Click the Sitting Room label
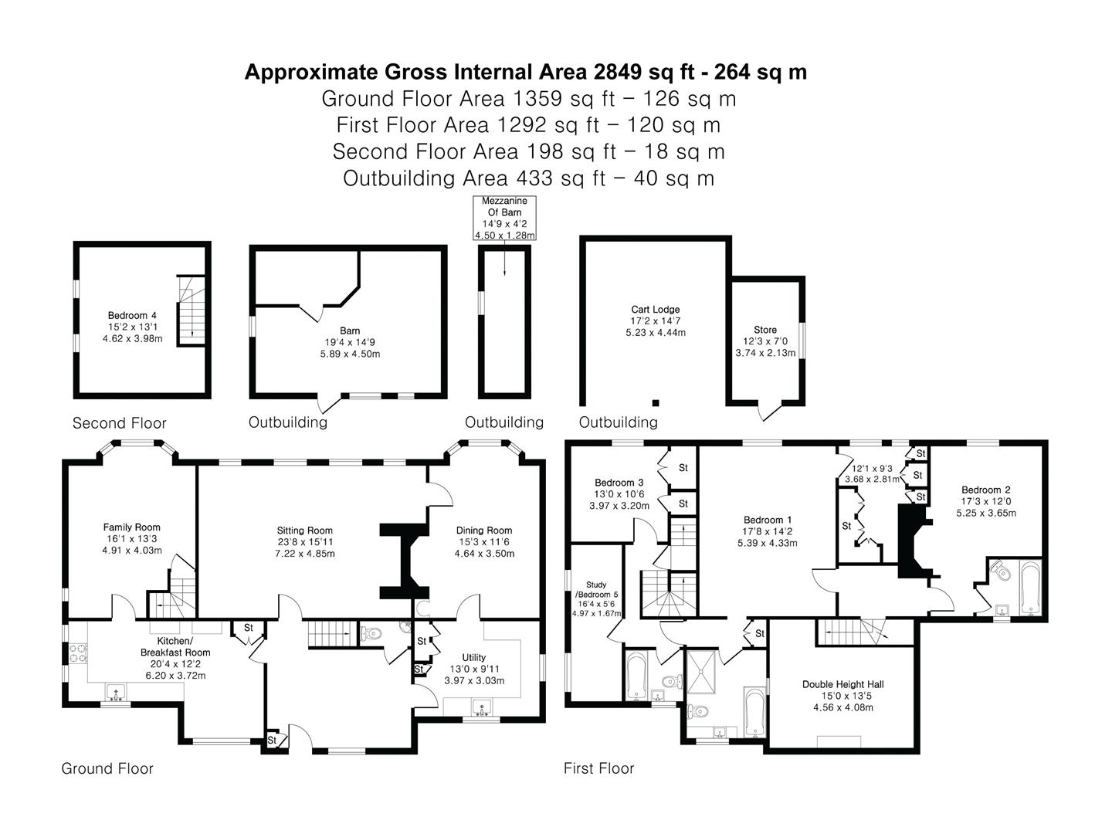[x=304, y=531]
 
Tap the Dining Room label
[x=484, y=531]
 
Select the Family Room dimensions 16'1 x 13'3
[x=132, y=539]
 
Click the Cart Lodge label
[x=655, y=310]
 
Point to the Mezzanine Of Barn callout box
[x=504, y=219]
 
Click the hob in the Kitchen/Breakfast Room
[x=79, y=653]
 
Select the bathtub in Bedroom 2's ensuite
[x=1030, y=588]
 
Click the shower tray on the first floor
[x=701, y=672]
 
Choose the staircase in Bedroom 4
[x=192, y=311]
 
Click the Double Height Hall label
[x=843, y=684]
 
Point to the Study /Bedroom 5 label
[x=596, y=589]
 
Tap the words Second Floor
[x=119, y=423]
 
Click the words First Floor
[x=598, y=768]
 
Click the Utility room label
[x=473, y=657]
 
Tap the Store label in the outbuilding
[x=765, y=330]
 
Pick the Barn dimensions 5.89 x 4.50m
[x=350, y=354]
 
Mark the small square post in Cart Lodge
[x=656, y=403]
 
